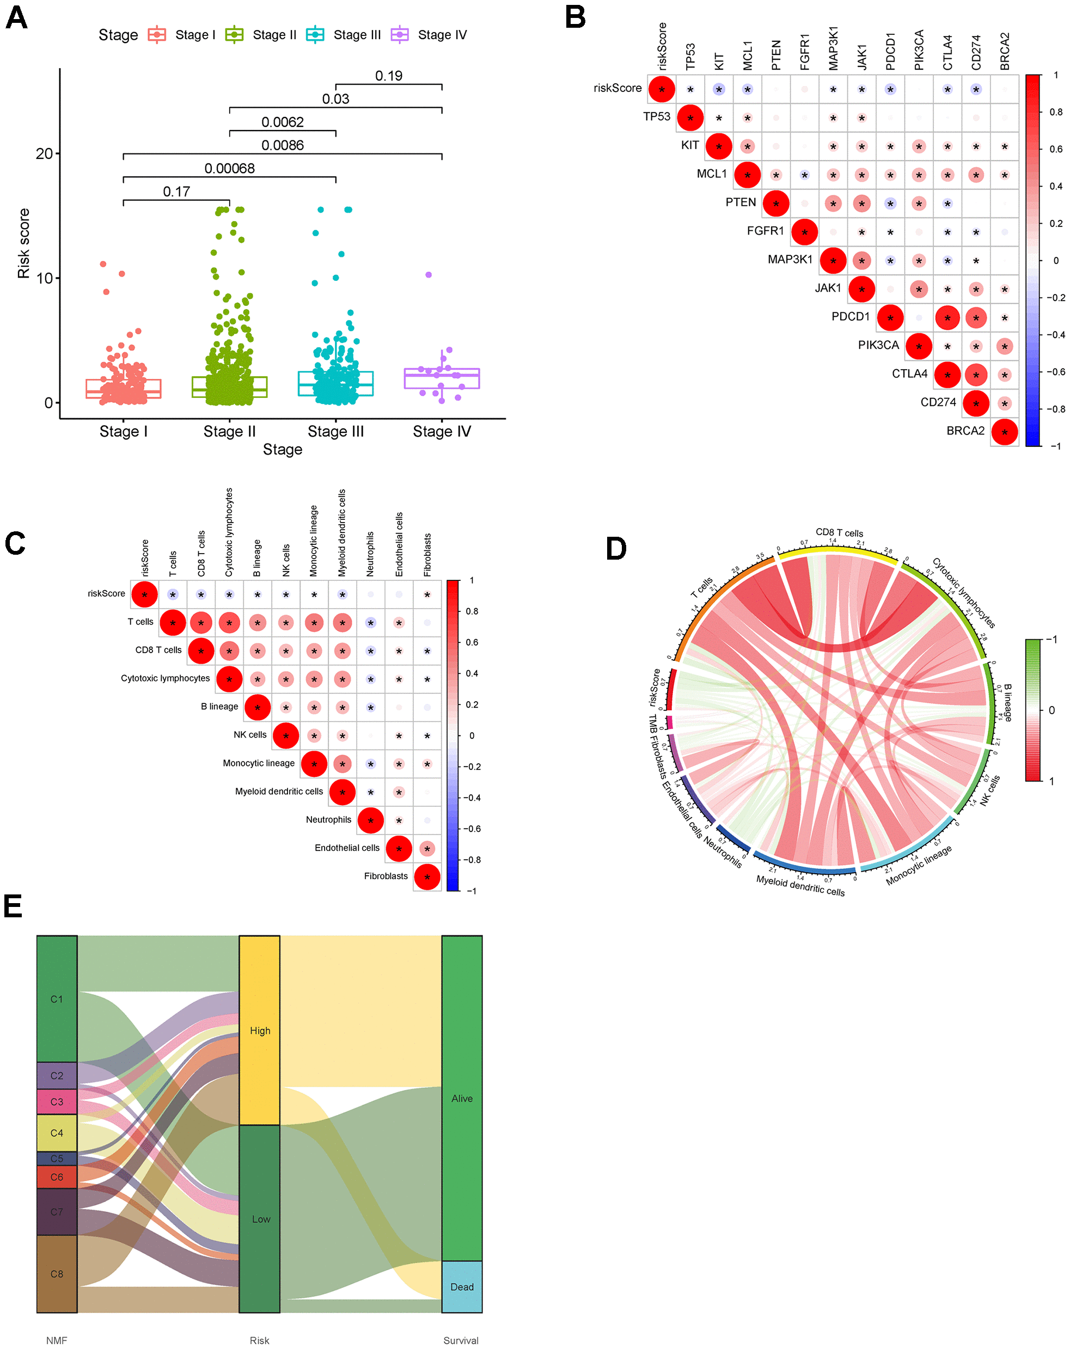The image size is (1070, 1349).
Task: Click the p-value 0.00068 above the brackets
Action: [229, 168]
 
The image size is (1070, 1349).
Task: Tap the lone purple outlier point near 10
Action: [429, 275]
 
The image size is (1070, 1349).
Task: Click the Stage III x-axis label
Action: [335, 432]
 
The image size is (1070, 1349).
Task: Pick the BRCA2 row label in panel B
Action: [965, 431]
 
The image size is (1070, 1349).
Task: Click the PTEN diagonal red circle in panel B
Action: [776, 204]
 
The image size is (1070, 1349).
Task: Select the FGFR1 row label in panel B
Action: [765, 231]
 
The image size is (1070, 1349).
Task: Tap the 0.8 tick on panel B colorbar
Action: [1056, 112]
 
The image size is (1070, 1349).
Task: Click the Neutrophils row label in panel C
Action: [328, 820]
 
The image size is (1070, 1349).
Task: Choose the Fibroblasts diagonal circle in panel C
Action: [427, 876]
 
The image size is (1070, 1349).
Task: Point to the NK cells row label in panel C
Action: [249, 734]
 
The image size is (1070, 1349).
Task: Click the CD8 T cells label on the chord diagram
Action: [839, 532]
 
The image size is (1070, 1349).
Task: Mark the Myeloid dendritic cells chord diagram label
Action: [800, 885]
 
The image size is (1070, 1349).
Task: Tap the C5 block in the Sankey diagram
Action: [57, 1159]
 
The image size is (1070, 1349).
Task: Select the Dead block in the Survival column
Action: [462, 1287]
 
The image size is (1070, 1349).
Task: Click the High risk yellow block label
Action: [260, 1031]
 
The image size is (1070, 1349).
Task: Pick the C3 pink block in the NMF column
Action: [57, 1102]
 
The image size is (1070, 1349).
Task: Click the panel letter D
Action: [616, 549]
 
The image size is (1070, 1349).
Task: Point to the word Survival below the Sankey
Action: [461, 1340]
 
